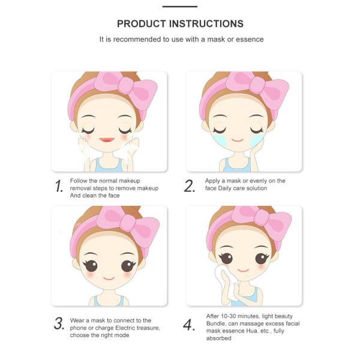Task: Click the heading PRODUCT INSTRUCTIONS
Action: pyautogui.click(x=180, y=24)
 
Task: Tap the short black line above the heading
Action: pyautogui.click(x=180, y=7)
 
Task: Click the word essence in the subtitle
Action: pyautogui.click(x=249, y=40)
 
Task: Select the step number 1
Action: pyautogui.click(x=59, y=187)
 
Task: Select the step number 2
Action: pyautogui.click(x=190, y=187)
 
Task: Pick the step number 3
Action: pyautogui.click(x=59, y=325)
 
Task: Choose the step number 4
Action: pyautogui.click(x=190, y=325)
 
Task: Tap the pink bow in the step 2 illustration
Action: pyautogui.click(x=262, y=90)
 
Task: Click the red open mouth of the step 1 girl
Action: pyautogui.click(x=107, y=140)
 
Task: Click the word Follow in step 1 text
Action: pyautogui.click(x=79, y=181)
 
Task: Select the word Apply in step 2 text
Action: pyautogui.click(x=214, y=181)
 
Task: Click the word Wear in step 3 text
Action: pyautogui.click(x=78, y=320)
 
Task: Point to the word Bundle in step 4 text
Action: pyautogui.click(x=216, y=323)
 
